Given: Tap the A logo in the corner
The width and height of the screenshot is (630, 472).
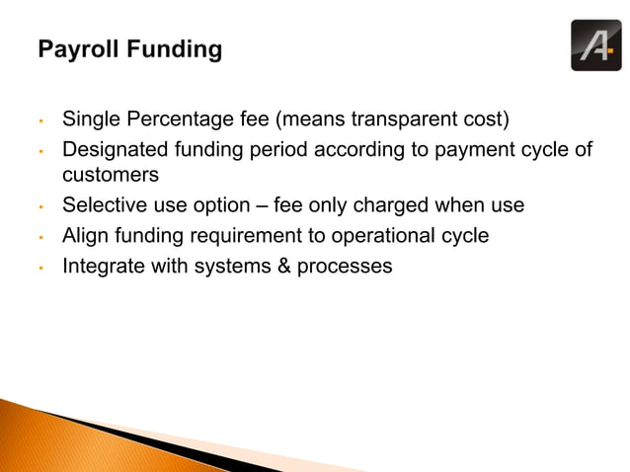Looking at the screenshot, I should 595,45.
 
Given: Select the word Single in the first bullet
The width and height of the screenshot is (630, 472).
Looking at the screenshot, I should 90,122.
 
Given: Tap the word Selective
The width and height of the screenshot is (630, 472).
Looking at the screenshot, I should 104,205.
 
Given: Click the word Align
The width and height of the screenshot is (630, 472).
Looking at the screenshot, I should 84,236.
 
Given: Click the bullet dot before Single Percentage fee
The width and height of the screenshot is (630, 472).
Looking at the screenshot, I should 41,124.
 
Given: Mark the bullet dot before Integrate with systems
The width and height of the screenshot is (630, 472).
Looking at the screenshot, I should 41,269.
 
